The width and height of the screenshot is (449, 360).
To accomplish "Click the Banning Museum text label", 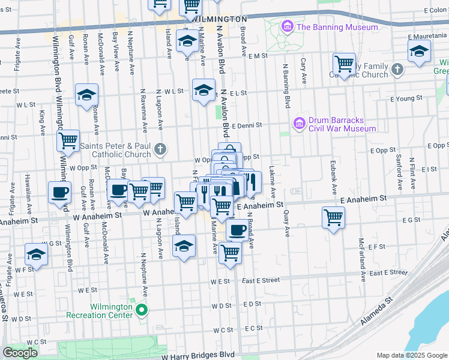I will click(328, 27).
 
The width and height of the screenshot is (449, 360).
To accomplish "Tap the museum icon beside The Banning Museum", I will click(287, 27).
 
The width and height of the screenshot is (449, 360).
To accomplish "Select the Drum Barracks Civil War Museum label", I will click(342, 124).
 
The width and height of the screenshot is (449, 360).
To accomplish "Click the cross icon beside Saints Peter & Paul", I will click(160, 149).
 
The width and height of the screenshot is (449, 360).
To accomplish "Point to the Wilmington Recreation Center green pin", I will click(142, 310).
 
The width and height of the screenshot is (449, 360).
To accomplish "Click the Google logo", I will click(20, 353).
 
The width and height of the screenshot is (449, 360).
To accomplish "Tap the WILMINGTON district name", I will click(221, 19).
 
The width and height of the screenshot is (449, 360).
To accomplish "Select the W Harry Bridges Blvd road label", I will click(198, 355).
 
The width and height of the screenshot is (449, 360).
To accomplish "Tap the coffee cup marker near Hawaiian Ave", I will click(59, 193).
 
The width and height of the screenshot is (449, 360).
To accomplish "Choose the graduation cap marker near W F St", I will click(36, 254).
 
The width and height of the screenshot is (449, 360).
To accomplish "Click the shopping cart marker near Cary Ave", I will click(344, 64).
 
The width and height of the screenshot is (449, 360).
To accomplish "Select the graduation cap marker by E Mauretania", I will click(419, 52).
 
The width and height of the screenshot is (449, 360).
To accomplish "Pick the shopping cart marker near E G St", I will click(333, 217).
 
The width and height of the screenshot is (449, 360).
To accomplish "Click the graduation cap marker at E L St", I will click(203, 90).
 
